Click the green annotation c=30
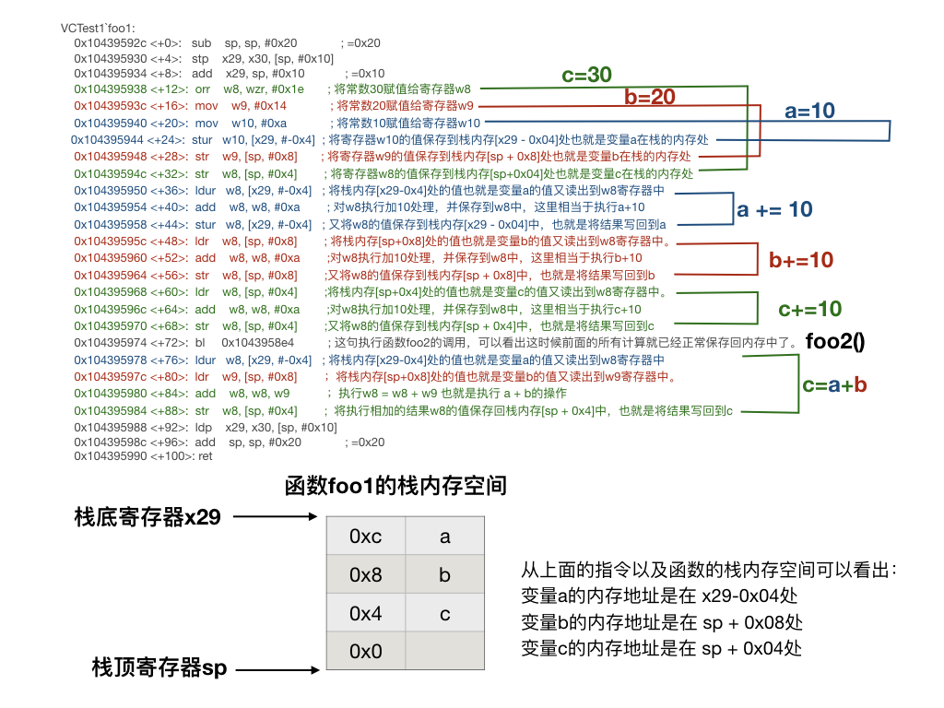point(586,76)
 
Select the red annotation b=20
point(650,97)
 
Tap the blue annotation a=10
point(809,111)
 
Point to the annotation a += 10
point(774,209)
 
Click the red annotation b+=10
point(800,261)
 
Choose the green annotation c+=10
point(809,309)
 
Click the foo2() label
point(835,342)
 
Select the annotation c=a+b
point(834,385)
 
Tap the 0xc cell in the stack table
point(365,537)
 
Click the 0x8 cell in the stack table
point(365,575)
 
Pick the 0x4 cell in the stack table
point(365,613)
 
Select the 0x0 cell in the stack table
point(365,652)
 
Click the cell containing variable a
point(444,537)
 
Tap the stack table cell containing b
point(444,575)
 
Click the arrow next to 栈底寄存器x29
point(276,517)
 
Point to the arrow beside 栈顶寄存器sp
point(276,669)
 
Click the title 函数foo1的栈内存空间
point(395,486)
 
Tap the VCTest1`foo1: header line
point(97,29)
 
